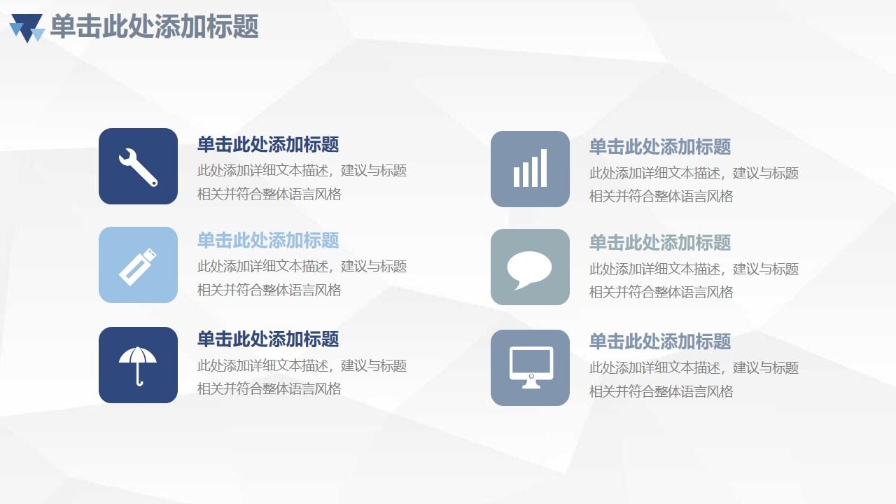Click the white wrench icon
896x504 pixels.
tap(138, 167)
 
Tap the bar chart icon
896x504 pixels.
tap(530, 169)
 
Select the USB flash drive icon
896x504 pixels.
tap(138, 265)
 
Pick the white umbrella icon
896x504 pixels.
tap(138, 365)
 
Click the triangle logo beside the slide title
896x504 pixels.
tap(27, 28)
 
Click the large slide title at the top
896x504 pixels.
tap(155, 27)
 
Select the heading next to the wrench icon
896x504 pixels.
tap(268, 145)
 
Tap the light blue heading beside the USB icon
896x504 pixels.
tap(268, 241)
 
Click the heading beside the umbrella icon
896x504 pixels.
tap(268, 339)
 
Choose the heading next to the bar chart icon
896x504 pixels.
tap(660, 147)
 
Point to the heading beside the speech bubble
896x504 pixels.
tap(660, 243)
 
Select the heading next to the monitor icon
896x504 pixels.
tap(660, 342)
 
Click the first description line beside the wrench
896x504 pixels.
tap(302, 171)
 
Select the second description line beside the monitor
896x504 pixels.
tap(661, 391)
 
